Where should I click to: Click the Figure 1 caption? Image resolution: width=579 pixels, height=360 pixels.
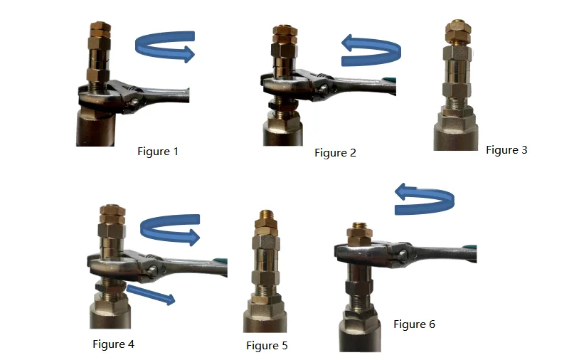pyautogui.click(x=157, y=152)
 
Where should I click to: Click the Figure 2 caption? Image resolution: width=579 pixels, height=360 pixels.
pyautogui.click(x=335, y=153)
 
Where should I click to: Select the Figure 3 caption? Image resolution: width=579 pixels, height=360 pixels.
pyautogui.click(x=506, y=150)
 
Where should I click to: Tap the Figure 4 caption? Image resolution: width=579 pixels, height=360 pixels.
pyautogui.click(x=113, y=344)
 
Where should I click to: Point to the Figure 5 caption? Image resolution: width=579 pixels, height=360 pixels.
pyautogui.click(x=267, y=346)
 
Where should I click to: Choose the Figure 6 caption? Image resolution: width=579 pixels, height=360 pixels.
pyautogui.click(x=414, y=324)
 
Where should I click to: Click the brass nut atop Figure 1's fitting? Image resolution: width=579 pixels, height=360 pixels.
pyautogui.click(x=99, y=30)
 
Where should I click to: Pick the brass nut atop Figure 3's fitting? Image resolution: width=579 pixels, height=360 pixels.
pyautogui.click(x=457, y=32)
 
